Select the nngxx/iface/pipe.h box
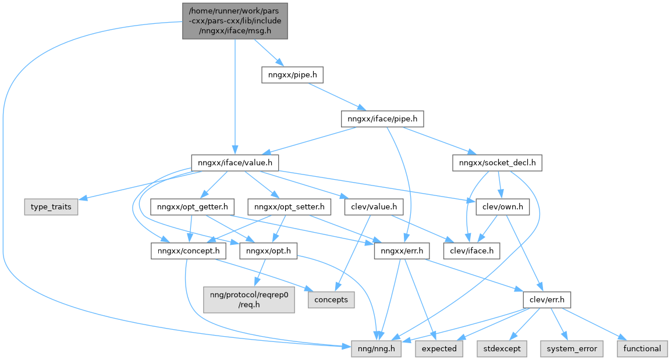tap(382, 119)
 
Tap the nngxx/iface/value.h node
tap(235, 163)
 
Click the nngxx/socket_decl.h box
tap(497, 163)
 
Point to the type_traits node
tap(51, 207)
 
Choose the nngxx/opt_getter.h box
tap(193, 207)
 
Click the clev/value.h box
tap(374, 207)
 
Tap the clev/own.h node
tap(502, 207)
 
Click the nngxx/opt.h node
tap(269, 251)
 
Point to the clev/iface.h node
tap(472, 251)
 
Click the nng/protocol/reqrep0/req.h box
tap(249, 300)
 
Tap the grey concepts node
tap(331, 300)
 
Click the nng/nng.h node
tap(377, 348)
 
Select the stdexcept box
tap(503, 348)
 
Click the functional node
tap(642, 348)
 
